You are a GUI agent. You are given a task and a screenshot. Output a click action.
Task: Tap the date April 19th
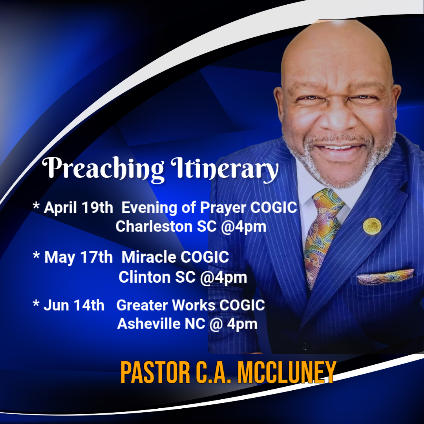tap(79, 208)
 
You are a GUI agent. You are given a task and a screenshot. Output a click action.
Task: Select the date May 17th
tap(79, 257)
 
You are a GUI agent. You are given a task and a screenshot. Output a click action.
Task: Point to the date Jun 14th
tap(74, 305)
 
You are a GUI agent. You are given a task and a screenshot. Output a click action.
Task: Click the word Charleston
tap(154, 227)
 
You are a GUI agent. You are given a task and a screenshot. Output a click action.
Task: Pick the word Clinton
tap(144, 277)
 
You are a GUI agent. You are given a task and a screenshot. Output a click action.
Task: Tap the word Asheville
tap(149, 323)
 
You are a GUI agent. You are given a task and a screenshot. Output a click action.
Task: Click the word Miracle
tap(149, 257)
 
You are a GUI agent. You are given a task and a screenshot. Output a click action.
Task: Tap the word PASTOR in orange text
tap(155, 373)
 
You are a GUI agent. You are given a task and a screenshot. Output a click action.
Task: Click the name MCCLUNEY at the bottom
tap(287, 373)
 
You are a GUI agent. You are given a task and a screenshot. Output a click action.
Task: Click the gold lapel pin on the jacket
tap(372, 226)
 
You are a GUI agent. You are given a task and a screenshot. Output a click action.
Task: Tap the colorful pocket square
tap(385, 276)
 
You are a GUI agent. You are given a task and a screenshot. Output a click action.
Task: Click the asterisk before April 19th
tap(36, 205)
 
